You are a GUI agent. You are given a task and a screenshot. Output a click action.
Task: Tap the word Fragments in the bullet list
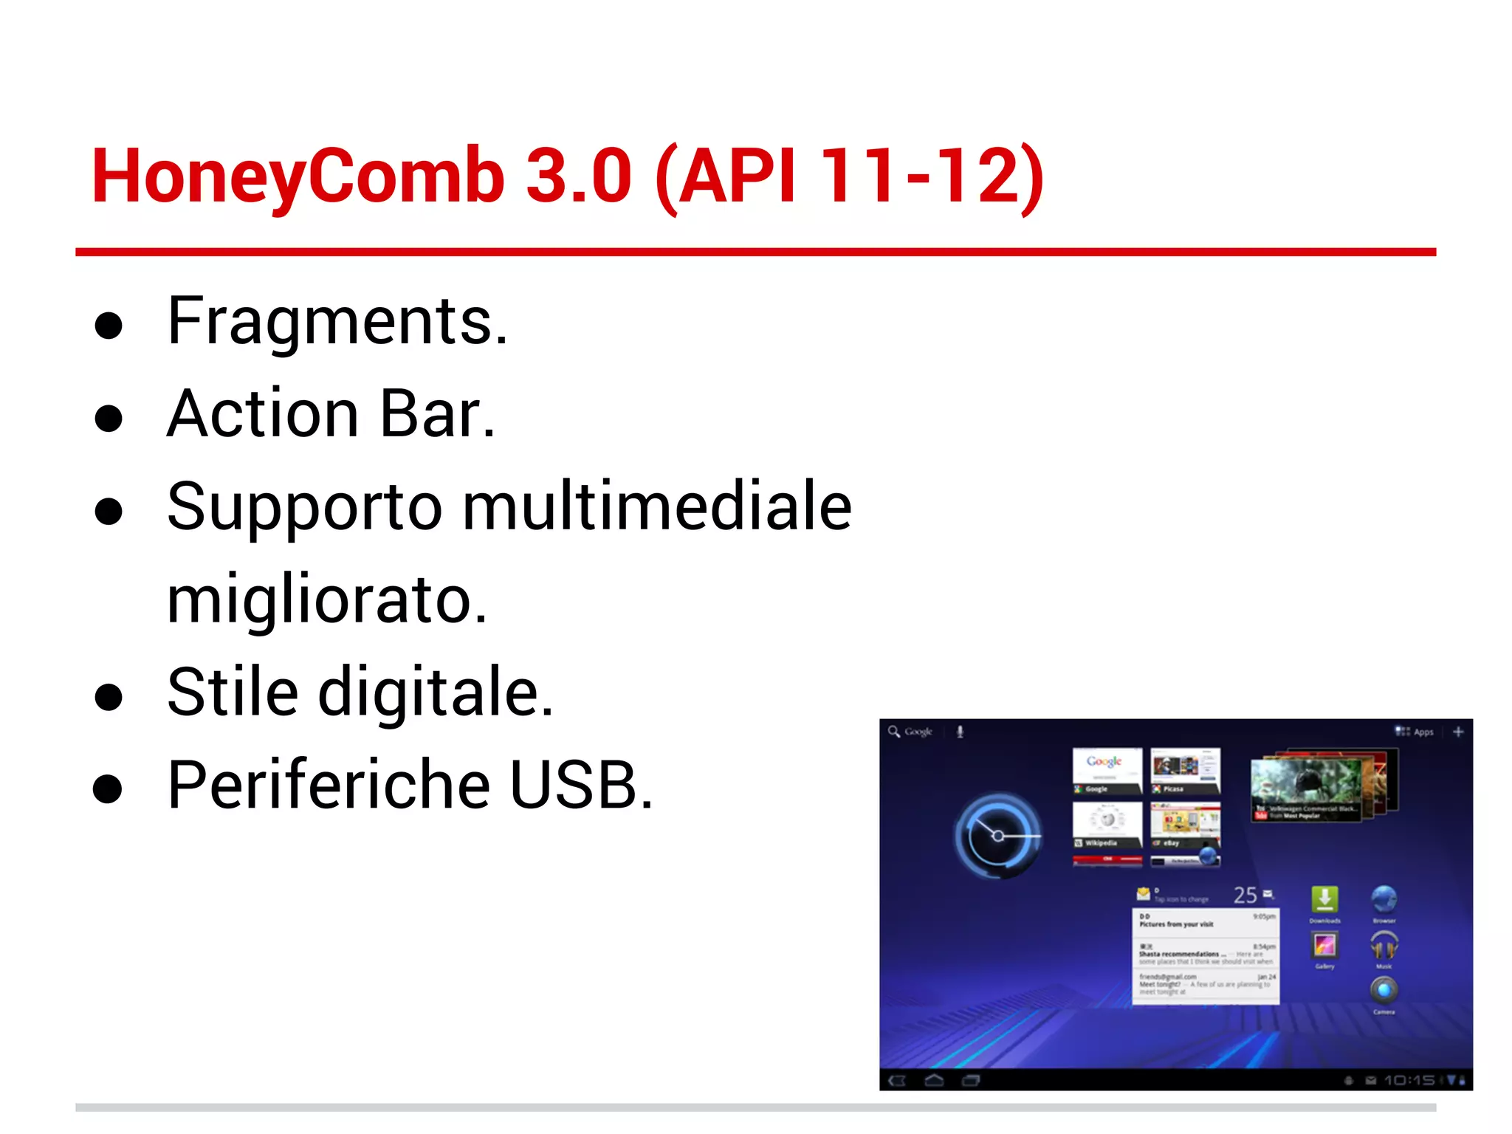337,321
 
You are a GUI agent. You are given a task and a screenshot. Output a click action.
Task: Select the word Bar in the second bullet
436,414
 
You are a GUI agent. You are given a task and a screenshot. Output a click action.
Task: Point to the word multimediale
657,506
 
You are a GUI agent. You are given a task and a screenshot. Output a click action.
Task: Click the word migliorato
326,599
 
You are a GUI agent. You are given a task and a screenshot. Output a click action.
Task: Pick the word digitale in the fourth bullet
435,693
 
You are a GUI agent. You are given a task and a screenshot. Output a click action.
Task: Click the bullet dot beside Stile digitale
109,696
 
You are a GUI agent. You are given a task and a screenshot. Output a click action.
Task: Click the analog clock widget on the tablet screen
997,836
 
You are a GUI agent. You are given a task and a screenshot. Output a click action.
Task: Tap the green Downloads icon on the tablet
1324,900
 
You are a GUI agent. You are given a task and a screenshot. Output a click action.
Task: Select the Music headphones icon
1384,945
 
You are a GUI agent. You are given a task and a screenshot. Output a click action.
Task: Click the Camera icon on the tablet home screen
1384,990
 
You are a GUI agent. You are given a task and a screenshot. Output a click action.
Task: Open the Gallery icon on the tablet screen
1324,945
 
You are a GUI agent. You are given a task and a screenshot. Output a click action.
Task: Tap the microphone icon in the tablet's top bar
960,732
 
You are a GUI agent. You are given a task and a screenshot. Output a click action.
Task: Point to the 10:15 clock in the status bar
1409,1080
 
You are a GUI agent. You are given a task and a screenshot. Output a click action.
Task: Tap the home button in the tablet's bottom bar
934,1081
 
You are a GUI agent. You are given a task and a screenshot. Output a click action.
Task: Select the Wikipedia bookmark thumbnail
1107,825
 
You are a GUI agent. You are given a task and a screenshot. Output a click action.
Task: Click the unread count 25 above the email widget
1245,896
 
